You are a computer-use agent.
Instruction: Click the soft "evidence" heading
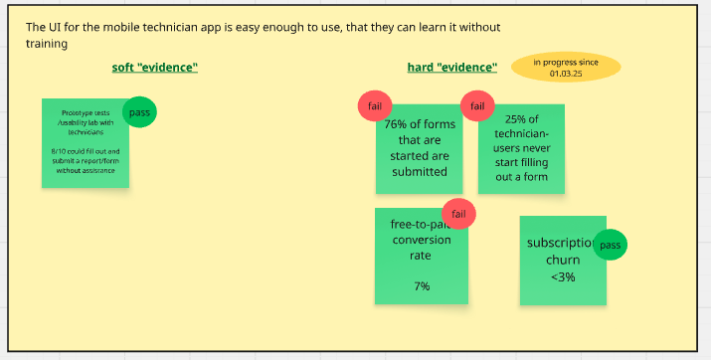click(x=154, y=68)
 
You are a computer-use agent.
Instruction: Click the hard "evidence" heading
click(x=451, y=68)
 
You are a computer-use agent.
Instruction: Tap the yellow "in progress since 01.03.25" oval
click(x=566, y=68)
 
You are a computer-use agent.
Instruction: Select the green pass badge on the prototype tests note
click(x=139, y=112)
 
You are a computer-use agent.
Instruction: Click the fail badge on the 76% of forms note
click(x=375, y=106)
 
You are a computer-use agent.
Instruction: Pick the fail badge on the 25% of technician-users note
click(x=477, y=106)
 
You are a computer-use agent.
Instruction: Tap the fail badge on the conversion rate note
click(x=458, y=214)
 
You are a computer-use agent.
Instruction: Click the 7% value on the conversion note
click(x=422, y=286)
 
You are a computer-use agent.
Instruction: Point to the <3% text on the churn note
click(x=562, y=277)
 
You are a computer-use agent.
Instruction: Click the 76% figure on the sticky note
click(x=398, y=124)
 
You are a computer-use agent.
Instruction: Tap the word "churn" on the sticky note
click(x=562, y=261)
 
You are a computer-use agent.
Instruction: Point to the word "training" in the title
click(x=48, y=44)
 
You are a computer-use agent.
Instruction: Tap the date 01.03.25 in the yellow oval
click(x=566, y=73)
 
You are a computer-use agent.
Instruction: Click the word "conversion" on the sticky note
click(x=422, y=239)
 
